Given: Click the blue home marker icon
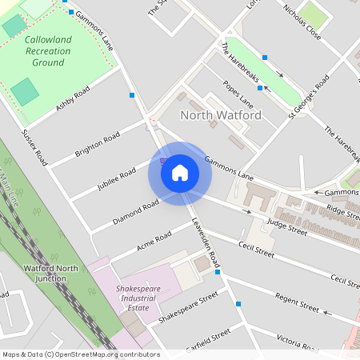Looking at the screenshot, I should tap(179, 173).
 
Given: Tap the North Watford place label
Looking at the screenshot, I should tap(221, 115).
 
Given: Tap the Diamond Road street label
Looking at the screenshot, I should tap(136, 212).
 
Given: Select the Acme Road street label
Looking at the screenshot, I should tap(154, 241).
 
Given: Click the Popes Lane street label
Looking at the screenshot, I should tap(238, 94).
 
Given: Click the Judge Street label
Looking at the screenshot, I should tap(287, 226).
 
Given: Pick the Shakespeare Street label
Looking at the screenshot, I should tap(188, 308).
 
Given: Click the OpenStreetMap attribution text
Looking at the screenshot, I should tap(80, 354).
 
